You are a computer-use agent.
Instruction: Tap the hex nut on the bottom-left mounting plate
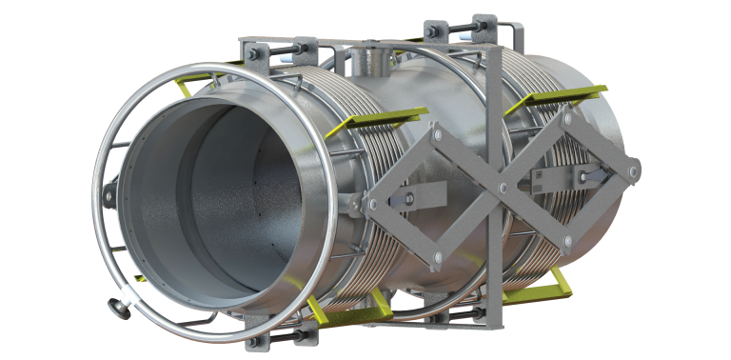[255, 338]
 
